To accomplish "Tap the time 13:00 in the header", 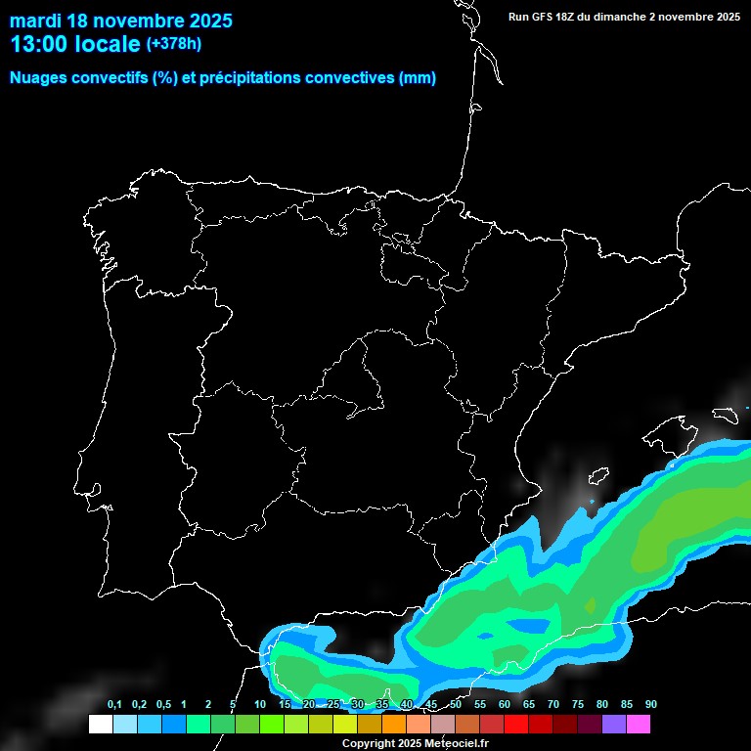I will click(39, 44).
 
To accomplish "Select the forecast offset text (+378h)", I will click(173, 44).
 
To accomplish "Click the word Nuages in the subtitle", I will click(40, 78).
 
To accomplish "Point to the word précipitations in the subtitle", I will click(248, 78).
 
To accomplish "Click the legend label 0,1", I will click(114, 705).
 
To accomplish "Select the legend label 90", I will click(650, 705).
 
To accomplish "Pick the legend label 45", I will click(431, 705).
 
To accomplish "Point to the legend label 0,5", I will click(163, 705).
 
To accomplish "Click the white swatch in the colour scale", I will click(100, 724).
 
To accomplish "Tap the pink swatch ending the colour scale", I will click(639, 724).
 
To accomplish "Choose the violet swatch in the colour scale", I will click(614, 724).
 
